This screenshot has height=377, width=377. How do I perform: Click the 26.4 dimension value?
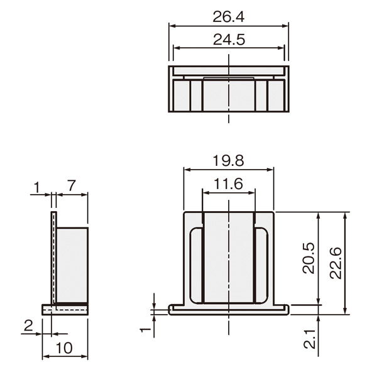229,17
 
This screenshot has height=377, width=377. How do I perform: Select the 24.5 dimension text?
229,40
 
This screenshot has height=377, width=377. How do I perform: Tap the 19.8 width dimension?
229,161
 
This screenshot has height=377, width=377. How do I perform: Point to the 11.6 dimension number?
229,184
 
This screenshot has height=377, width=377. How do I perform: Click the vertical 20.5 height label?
309,258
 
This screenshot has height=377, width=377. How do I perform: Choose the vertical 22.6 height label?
336,263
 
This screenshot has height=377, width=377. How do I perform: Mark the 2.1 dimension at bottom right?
309,339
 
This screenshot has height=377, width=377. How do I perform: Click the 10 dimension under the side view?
64,348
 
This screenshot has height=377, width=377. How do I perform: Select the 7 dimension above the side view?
71,185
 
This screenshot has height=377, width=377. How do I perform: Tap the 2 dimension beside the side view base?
28,325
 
